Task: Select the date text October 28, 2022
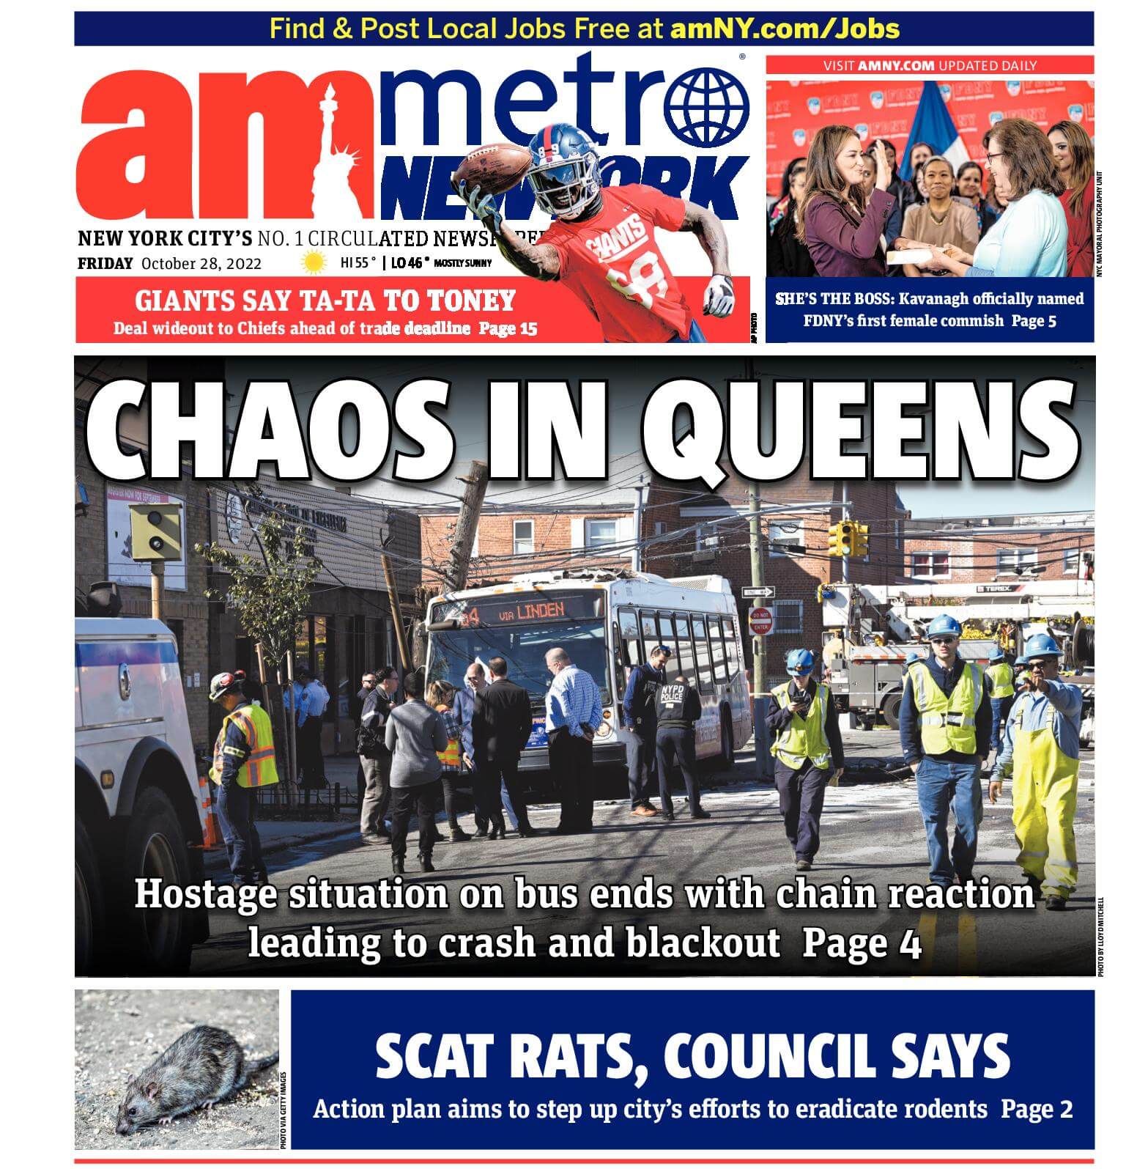coord(201,264)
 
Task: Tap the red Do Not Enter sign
coord(760,621)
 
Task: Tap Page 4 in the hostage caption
coord(861,943)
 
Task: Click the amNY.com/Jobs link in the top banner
coord(785,29)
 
